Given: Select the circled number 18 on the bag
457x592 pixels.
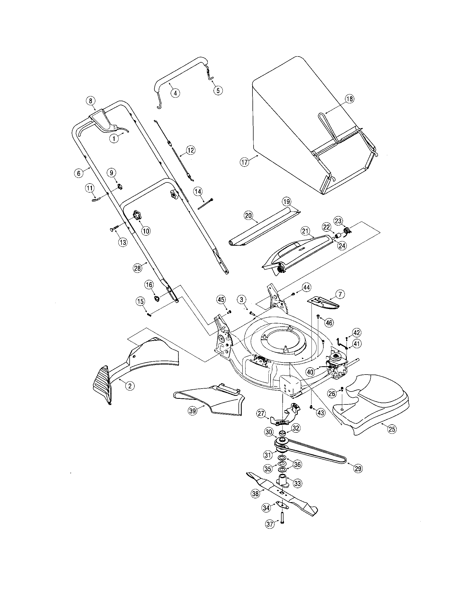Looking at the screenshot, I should [349, 99].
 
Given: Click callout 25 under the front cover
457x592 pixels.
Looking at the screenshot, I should [392, 429].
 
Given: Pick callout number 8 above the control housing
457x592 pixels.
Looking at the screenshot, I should [91, 101].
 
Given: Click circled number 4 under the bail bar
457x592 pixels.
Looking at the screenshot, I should [175, 93].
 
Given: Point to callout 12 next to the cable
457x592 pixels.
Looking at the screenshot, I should [191, 150].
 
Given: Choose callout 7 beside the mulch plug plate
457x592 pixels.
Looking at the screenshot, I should [340, 294].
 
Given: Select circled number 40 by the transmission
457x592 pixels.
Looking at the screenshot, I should [310, 372].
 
